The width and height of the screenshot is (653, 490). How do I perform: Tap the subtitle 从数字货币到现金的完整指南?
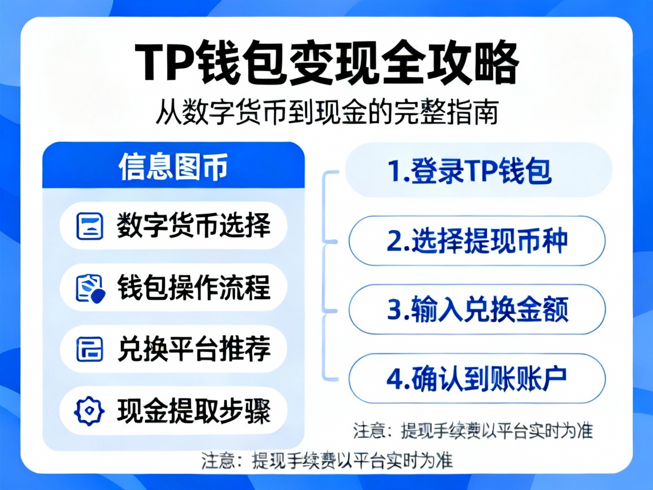pyautogui.click(x=326, y=112)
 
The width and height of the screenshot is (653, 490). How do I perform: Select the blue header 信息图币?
pyautogui.click(x=173, y=166)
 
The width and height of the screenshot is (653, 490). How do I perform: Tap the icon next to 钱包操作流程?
pyautogui.click(x=90, y=288)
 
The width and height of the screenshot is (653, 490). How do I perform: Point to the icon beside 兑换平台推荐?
pyautogui.click(x=90, y=349)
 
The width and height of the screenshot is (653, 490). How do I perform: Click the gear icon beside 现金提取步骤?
pyautogui.click(x=90, y=411)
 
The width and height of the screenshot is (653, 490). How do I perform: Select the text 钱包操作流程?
pyautogui.click(x=193, y=288)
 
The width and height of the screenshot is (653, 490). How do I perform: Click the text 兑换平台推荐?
pyautogui.click(x=193, y=349)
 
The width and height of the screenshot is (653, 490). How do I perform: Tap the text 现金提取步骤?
pyautogui.click(x=193, y=411)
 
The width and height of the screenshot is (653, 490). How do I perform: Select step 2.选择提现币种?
pyautogui.click(x=477, y=241)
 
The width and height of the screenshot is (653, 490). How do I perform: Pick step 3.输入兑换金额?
pyautogui.click(x=477, y=310)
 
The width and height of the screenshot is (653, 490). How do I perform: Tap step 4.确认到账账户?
pyautogui.click(x=477, y=379)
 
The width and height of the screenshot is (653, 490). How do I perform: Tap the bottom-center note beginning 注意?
pyautogui.click(x=327, y=459)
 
